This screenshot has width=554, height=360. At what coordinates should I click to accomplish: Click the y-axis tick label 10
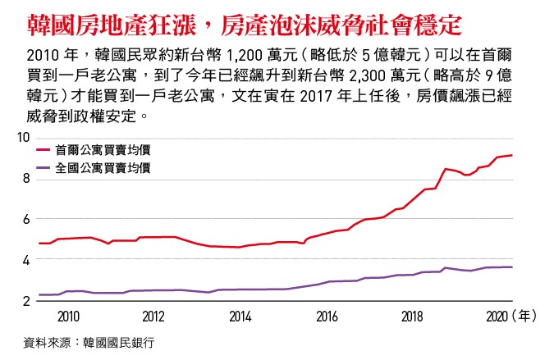click(x=23, y=138)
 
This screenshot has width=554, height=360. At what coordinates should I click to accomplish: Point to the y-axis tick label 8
click(x=26, y=179)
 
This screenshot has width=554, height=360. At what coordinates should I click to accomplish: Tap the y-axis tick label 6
click(x=26, y=219)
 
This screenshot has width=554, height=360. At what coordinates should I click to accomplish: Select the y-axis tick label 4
click(x=26, y=260)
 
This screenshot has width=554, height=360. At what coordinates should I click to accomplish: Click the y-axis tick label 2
click(x=26, y=301)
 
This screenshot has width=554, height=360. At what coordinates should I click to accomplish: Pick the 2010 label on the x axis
click(x=68, y=316)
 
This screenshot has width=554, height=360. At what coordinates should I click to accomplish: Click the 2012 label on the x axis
click(x=153, y=316)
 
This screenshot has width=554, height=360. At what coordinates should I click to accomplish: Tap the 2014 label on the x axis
click(x=240, y=316)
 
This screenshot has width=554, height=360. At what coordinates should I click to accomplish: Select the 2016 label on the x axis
click(x=326, y=316)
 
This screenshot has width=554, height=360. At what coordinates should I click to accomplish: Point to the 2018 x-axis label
click(x=412, y=316)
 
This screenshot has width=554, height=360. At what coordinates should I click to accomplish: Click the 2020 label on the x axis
click(x=497, y=316)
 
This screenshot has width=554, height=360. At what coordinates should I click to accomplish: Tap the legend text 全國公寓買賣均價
click(x=103, y=168)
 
